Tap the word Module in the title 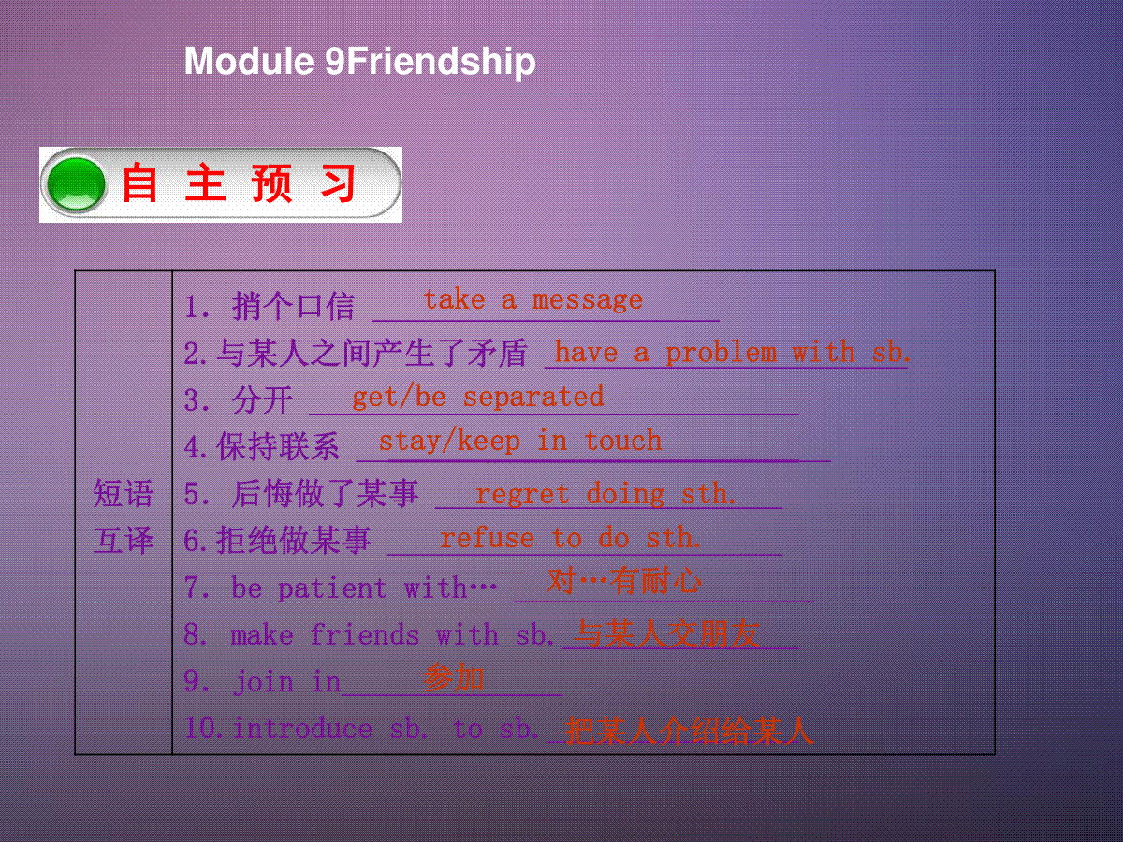[x=249, y=61]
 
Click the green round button [x=76, y=184]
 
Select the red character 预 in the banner [x=271, y=183]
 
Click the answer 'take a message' [x=533, y=300]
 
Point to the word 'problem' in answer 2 [x=721, y=354]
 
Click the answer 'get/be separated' [x=478, y=398]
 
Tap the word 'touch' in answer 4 [x=622, y=441]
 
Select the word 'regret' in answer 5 [x=522, y=494]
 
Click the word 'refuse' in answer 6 [x=487, y=538]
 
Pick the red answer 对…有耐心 [x=624, y=581]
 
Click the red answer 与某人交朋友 [x=666, y=634]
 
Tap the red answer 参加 [x=454, y=678]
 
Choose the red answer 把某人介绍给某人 [x=688, y=730]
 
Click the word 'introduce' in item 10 [x=302, y=728]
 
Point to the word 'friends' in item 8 [x=365, y=634]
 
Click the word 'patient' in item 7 [x=332, y=588]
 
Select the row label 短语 [x=124, y=493]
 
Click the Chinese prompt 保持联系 [x=278, y=446]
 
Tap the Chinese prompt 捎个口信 [x=293, y=306]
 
